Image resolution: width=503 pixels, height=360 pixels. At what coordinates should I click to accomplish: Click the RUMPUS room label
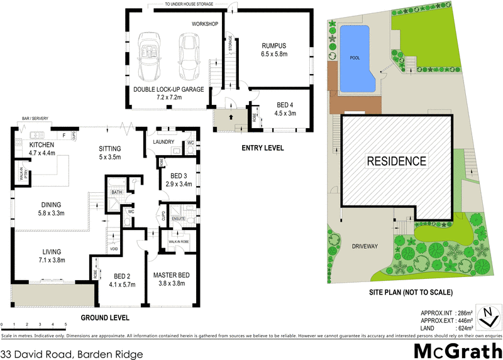tap(274, 45)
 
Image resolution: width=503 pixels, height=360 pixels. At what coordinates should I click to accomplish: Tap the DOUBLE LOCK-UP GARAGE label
tap(169, 89)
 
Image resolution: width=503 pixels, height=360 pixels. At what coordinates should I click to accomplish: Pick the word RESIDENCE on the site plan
tap(396, 161)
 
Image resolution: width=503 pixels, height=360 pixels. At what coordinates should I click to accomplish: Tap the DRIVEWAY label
tap(365, 246)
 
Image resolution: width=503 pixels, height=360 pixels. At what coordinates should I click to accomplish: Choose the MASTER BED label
tap(171, 275)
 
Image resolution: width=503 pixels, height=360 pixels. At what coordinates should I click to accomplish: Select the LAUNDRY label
tap(163, 142)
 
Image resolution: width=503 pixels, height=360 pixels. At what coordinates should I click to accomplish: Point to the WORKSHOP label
tap(205, 24)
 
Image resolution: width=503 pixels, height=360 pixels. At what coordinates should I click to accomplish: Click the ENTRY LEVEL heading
tap(263, 148)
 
